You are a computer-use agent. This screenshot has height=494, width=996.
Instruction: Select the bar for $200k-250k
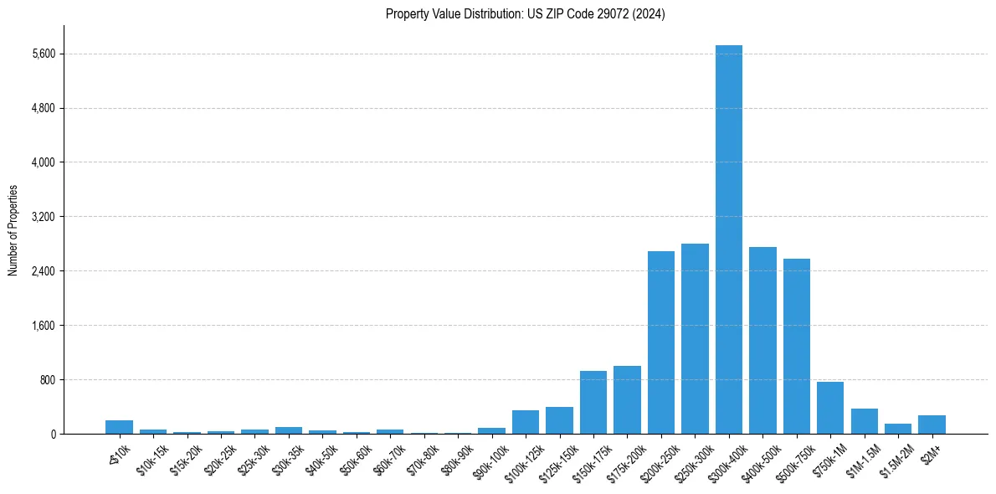click(x=660, y=342)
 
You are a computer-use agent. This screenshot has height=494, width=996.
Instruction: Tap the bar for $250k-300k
click(x=695, y=339)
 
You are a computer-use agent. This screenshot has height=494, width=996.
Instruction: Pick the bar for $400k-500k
click(x=762, y=341)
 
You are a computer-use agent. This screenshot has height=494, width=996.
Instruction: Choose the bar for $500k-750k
click(x=796, y=347)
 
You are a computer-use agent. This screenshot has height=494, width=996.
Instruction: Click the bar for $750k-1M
click(x=830, y=408)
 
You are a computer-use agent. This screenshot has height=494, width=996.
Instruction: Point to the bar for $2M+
click(x=932, y=425)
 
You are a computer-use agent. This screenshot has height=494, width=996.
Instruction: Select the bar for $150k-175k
click(x=593, y=403)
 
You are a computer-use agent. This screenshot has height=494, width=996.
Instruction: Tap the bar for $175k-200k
click(x=627, y=400)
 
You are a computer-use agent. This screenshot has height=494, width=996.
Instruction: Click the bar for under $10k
click(x=119, y=427)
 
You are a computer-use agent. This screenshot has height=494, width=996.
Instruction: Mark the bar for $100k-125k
click(x=526, y=422)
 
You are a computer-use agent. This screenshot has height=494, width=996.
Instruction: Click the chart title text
click(x=525, y=14)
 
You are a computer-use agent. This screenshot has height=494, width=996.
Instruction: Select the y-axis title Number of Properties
click(x=13, y=230)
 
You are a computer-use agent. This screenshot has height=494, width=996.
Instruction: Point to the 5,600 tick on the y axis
click(x=42, y=54)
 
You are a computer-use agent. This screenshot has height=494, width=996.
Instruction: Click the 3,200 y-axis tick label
click(x=42, y=217)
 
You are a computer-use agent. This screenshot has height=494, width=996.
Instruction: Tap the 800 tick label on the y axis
click(x=46, y=380)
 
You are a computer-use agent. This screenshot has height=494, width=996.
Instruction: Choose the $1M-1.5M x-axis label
click(x=860, y=455)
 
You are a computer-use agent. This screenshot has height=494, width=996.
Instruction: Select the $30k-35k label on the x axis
click(x=285, y=457)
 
